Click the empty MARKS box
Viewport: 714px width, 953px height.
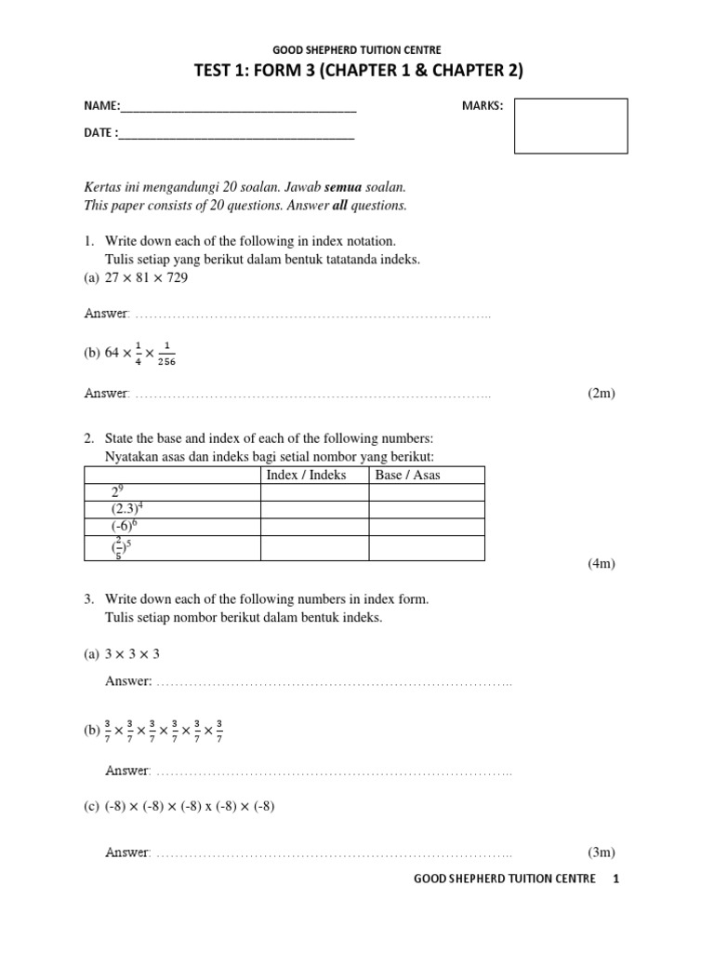tap(570, 126)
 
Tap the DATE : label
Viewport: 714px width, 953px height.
tap(101, 133)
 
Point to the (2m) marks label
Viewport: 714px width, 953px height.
tap(601, 394)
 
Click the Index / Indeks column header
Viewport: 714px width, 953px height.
tap(306, 475)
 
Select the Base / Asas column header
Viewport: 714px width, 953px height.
tap(407, 475)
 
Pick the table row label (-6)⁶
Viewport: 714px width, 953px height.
tap(123, 527)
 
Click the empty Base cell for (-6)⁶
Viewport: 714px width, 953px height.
tap(427, 527)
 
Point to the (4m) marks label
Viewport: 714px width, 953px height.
tap(601, 564)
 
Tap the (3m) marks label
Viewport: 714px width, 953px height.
tap(601, 852)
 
